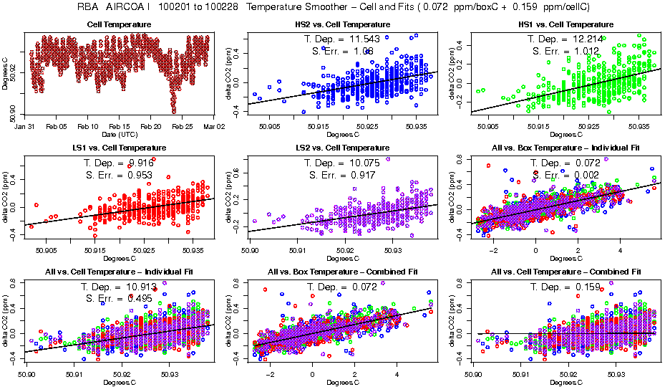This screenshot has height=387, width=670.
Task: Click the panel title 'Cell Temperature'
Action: pyautogui.click(x=119, y=24)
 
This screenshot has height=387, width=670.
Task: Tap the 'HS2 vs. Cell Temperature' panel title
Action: pyautogui.click(x=342, y=24)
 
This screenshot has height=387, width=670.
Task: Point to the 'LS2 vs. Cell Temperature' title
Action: pyautogui.click(x=342, y=148)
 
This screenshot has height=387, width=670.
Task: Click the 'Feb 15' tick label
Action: pyautogui.click(x=120, y=126)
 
